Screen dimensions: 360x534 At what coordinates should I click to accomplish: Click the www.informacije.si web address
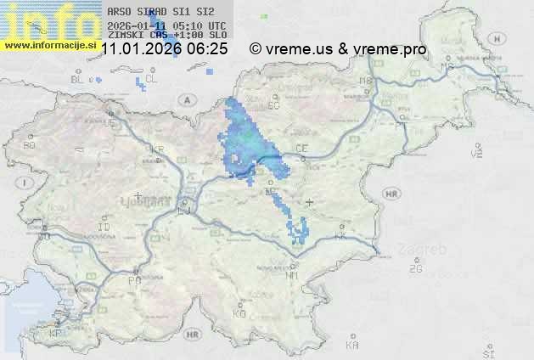tap(50, 44)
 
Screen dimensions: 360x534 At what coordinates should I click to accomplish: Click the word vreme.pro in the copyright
tap(391, 49)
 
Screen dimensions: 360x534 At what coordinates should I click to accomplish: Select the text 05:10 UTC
tap(203, 25)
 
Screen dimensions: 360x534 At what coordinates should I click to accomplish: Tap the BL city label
tap(77, 79)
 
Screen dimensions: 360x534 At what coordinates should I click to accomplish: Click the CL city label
tap(151, 79)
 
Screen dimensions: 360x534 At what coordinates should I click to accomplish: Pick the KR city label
tap(156, 149)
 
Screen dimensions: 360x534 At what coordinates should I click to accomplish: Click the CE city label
tap(301, 149)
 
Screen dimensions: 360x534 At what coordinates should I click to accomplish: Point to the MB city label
tap(367, 81)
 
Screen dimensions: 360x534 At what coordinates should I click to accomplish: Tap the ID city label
tap(104, 228)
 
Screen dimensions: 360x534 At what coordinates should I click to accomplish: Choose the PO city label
tap(133, 279)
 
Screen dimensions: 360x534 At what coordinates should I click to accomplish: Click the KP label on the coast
tap(56, 334)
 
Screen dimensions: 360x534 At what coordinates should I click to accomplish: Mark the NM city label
tap(292, 276)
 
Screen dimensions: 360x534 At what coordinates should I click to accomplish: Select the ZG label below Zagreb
tap(415, 269)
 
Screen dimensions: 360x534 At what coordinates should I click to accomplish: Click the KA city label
tap(352, 346)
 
